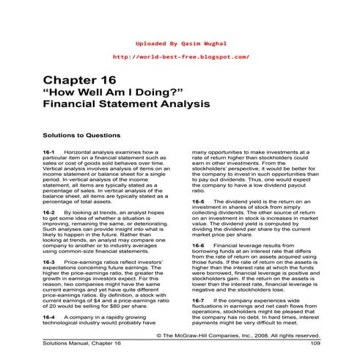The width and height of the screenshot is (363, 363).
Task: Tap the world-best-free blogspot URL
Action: [x=182, y=56]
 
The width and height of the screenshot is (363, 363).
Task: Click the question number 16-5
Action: [x=198, y=201]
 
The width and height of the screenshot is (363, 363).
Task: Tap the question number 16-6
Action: [x=198, y=245]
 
